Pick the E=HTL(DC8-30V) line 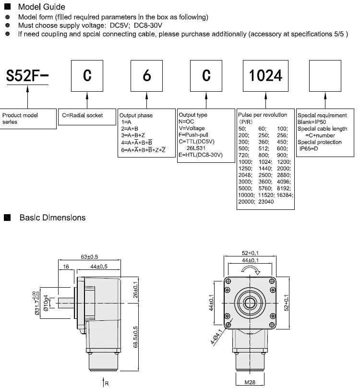point(200,155)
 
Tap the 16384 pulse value point(286,196)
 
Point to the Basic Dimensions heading point(52,218)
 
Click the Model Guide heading point(41,7)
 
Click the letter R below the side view point(107,383)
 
